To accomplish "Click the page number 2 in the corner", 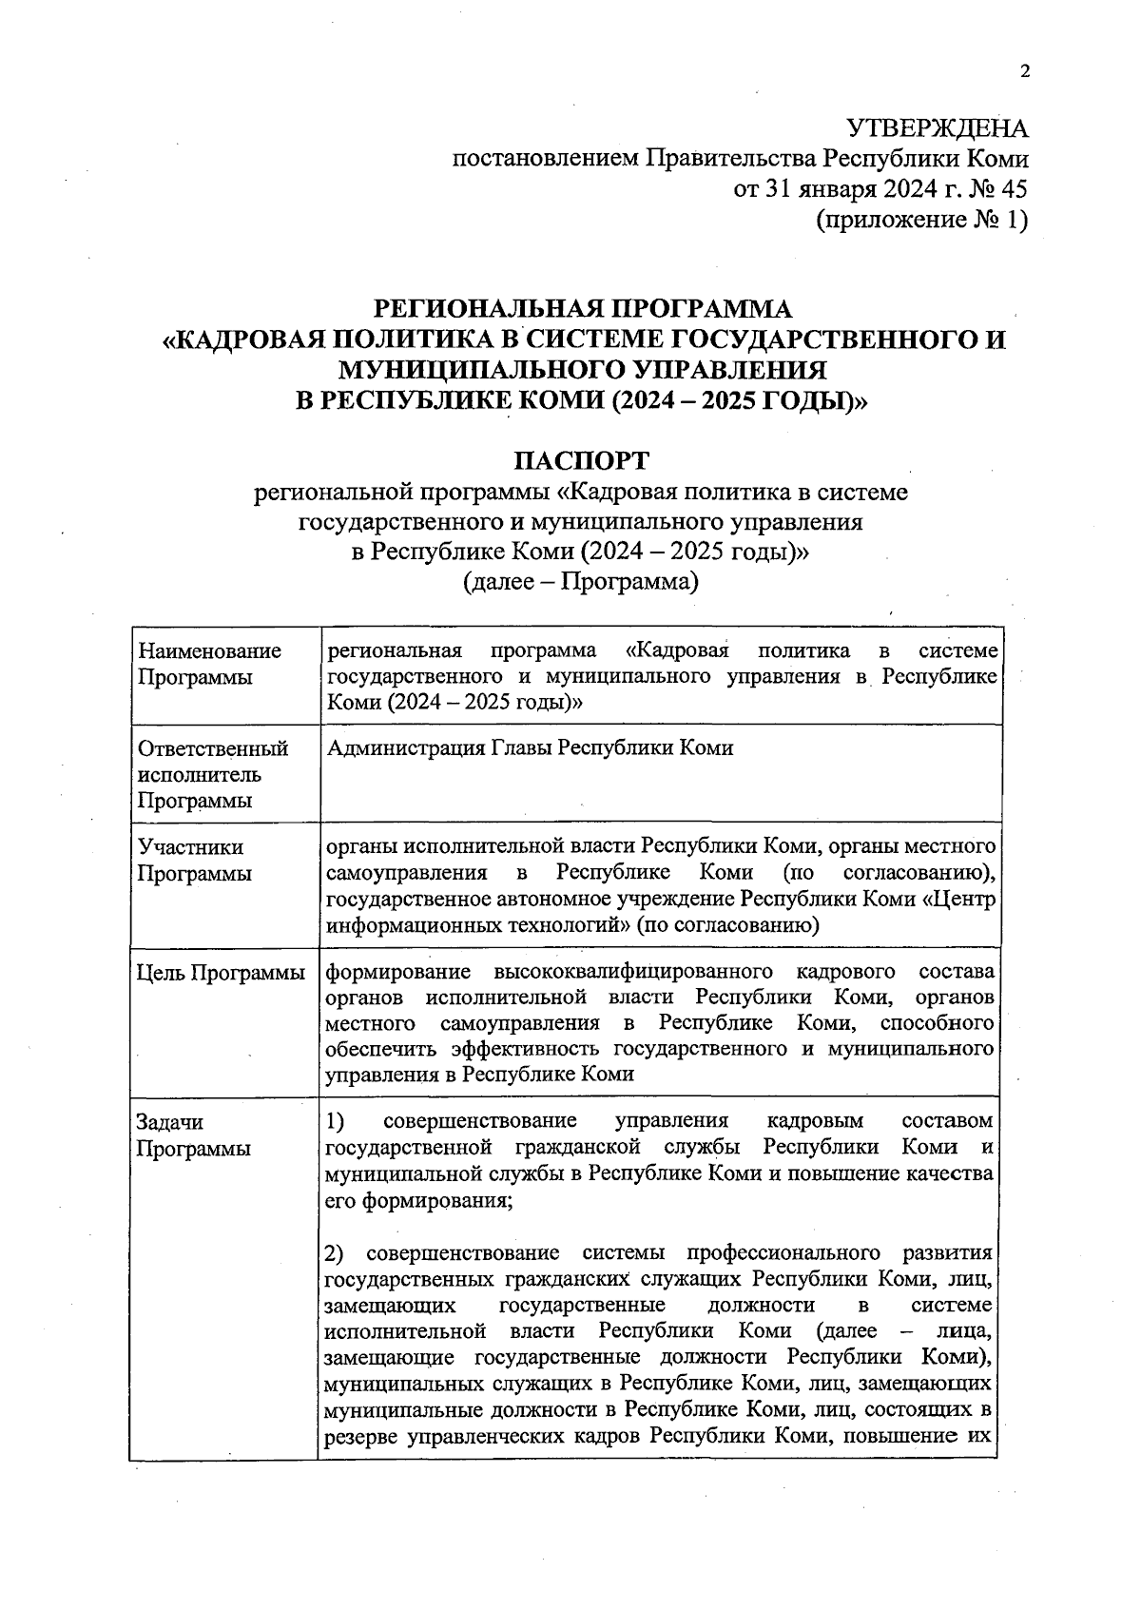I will pos(1024,72).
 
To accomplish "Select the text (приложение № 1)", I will pos(921,220).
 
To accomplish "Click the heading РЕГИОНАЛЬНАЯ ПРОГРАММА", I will pos(582,309).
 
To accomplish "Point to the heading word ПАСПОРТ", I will pos(582,461).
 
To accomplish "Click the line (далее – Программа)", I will pos(581,581).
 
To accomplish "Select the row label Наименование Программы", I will pos(209,665).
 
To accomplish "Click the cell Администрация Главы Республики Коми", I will pos(530,748).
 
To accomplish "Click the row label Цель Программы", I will pos(221,973).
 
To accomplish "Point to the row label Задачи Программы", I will pos(194,1134).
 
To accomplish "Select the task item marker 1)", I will pos(336,1121).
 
